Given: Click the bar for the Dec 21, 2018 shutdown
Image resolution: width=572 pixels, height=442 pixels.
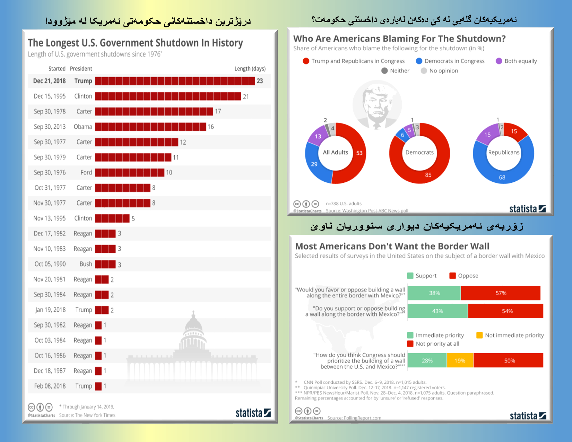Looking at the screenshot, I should click(175, 81).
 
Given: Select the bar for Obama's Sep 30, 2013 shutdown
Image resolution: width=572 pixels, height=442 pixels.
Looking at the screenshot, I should click(150, 127).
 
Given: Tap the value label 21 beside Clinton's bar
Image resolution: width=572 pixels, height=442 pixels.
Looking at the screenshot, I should click(246, 97).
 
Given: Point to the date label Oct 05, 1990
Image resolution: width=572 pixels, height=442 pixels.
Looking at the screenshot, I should click(50, 264).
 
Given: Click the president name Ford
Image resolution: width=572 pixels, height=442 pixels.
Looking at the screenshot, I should click(86, 173).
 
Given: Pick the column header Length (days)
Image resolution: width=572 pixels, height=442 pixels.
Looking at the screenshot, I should click(250, 69).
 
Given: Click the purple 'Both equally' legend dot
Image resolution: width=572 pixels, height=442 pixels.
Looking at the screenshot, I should click(499, 61).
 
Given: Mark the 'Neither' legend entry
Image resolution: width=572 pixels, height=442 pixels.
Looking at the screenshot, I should click(395, 71).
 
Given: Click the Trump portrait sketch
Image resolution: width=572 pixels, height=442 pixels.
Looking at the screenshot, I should click(377, 104).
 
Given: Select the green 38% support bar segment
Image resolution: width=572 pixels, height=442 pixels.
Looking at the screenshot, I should click(434, 293).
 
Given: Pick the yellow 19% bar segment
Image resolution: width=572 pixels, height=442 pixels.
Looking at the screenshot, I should click(460, 361).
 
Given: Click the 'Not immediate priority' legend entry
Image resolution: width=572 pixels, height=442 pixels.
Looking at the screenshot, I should click(510, 335).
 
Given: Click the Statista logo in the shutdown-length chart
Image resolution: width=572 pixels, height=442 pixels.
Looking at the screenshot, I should click(253, 413).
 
